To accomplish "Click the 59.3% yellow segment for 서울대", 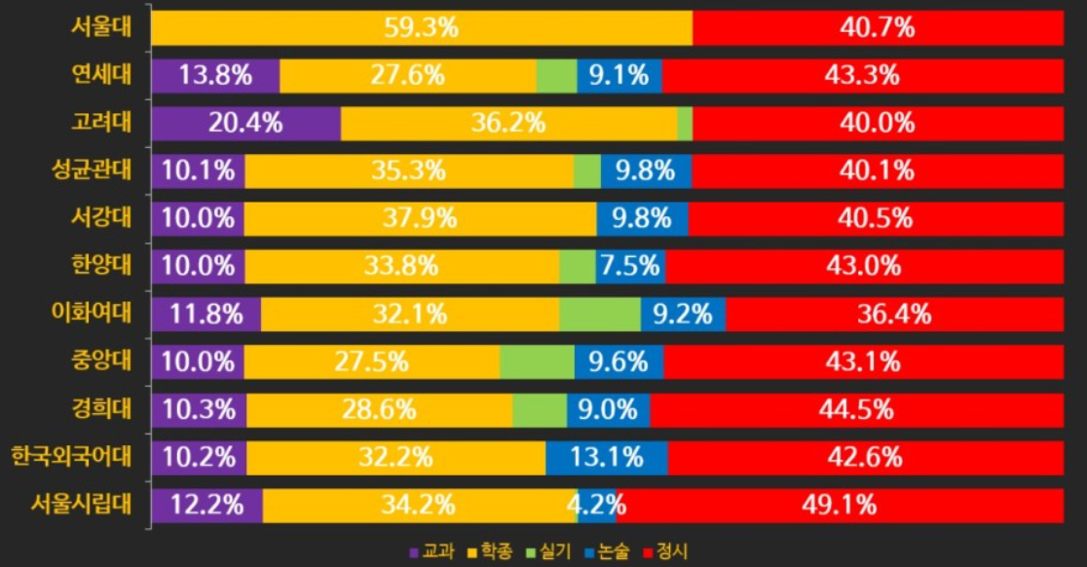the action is (422, 27).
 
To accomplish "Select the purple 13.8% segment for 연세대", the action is (215, 76).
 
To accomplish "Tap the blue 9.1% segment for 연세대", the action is (619, 76).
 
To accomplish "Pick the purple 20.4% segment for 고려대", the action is (246, 124).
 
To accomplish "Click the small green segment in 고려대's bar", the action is (685, 124).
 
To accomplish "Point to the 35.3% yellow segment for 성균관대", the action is (409, 171).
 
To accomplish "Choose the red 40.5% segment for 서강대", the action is (876, 219).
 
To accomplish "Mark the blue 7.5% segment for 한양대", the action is (631, 267).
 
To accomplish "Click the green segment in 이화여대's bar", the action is (600, 315).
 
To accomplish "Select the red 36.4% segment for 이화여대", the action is (895, 315).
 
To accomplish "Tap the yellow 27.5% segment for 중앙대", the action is (371, 362).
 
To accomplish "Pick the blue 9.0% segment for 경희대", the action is (609, 410).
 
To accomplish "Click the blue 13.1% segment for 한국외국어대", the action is (607, 458).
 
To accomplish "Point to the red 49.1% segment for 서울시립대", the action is (841, 506).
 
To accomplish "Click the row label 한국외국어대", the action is (71, 457).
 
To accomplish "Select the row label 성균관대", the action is (92, 170).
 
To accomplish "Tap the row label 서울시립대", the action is (81, 505).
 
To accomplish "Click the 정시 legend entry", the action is (666, 551).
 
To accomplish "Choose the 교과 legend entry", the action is (431, 551).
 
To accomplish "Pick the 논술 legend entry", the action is (607, 551).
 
